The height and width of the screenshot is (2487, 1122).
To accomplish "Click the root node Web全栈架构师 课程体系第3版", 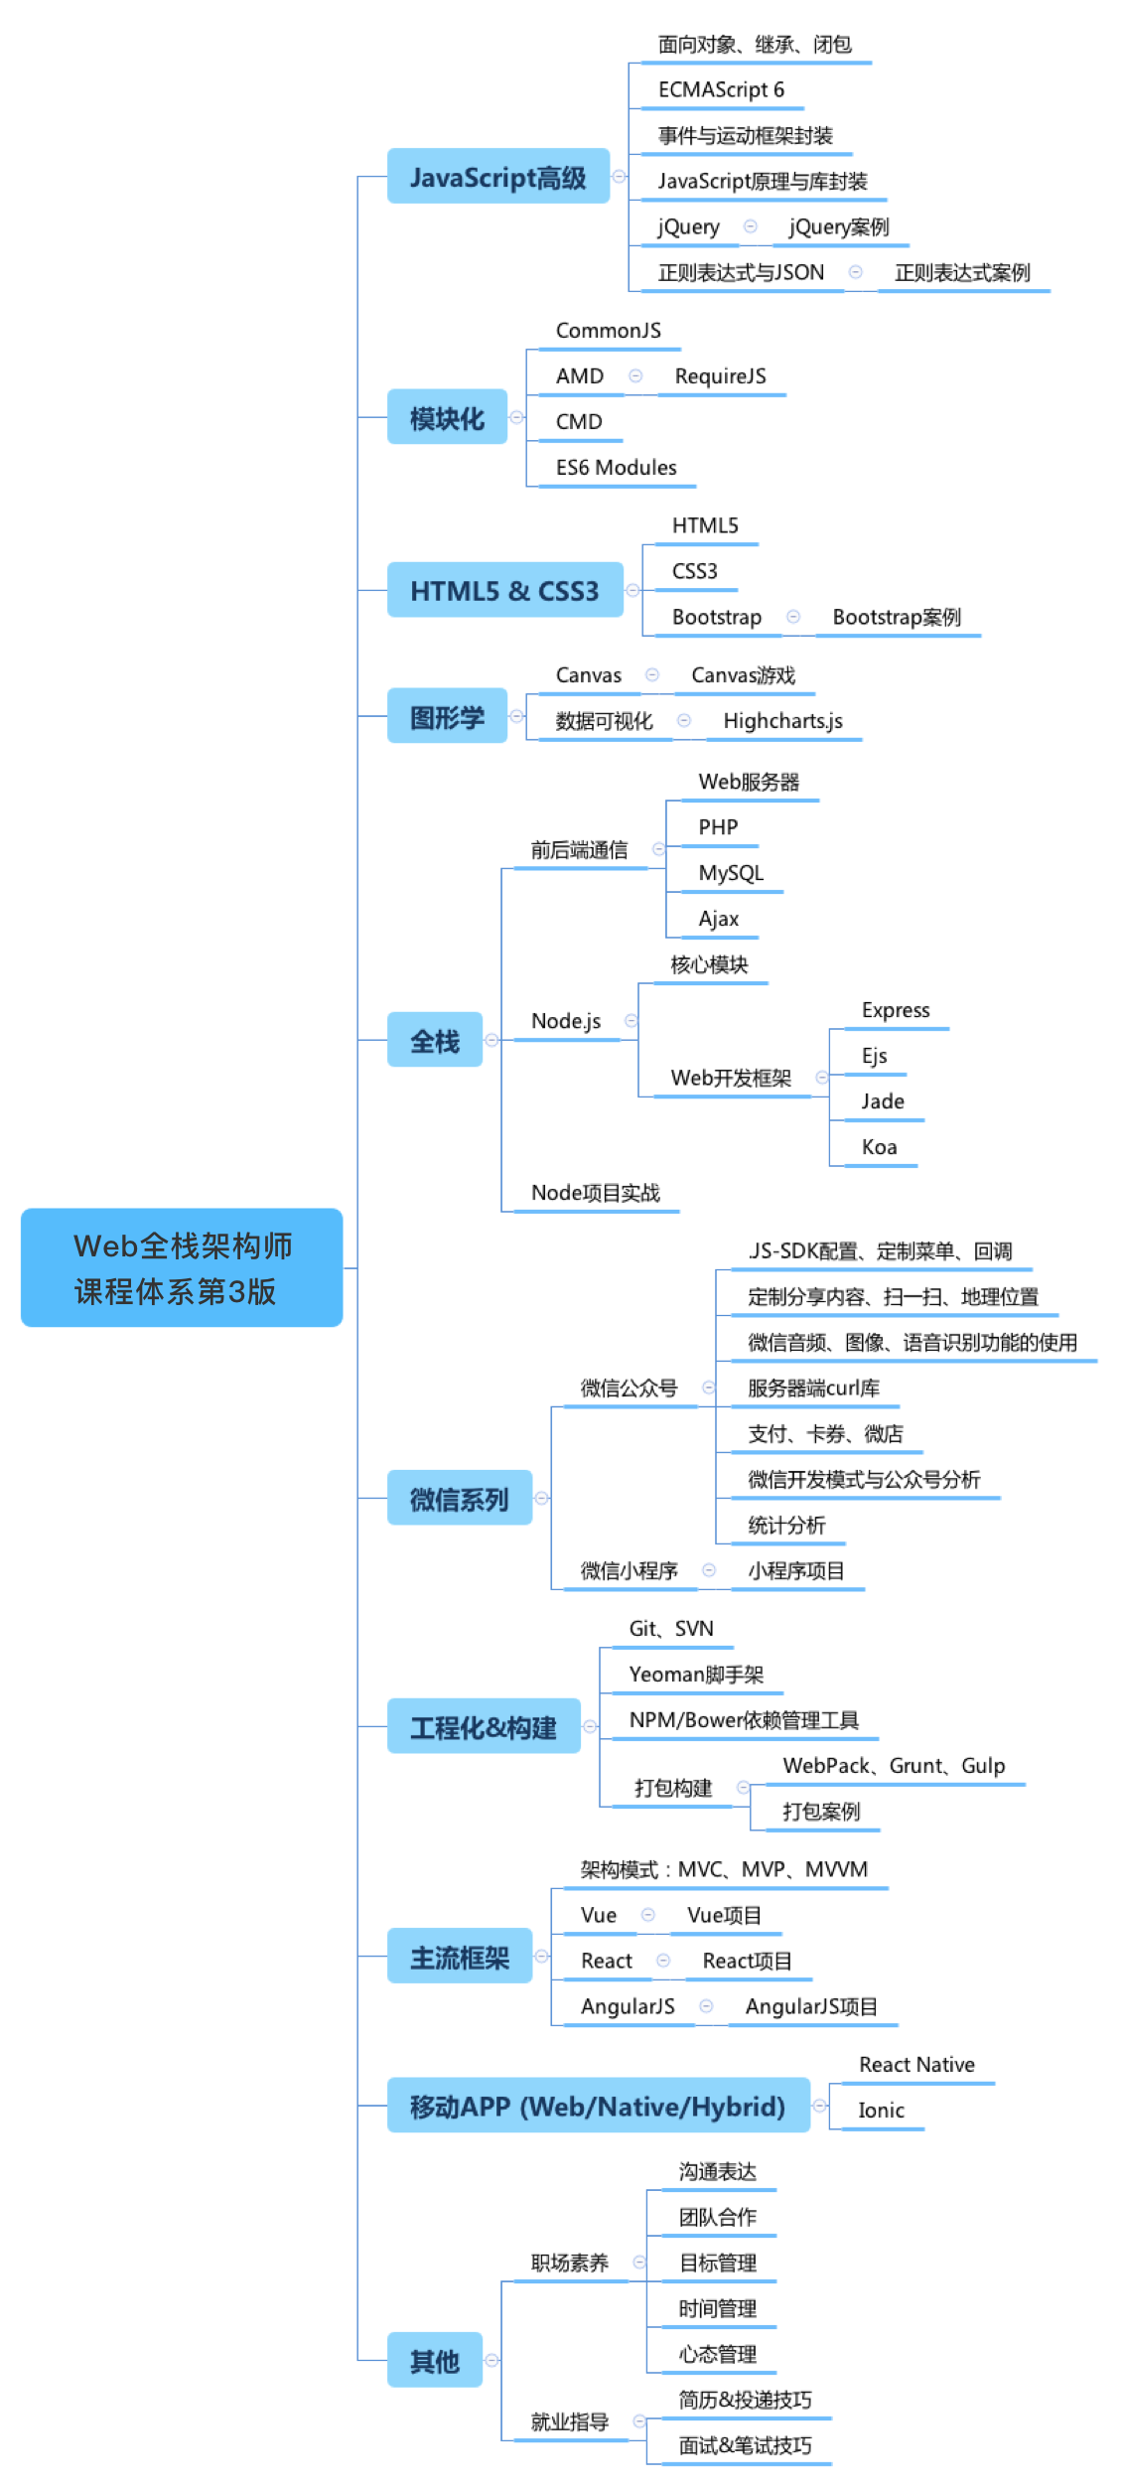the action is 182,1267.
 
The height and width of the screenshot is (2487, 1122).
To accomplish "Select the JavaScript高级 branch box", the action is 498,177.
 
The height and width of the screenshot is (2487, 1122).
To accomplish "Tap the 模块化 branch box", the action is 447,417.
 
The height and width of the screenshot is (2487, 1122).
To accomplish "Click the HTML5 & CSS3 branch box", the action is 505,590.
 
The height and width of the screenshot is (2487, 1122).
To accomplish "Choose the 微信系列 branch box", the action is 460,1498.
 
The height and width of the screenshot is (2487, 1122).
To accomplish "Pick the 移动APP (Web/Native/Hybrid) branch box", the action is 599,2106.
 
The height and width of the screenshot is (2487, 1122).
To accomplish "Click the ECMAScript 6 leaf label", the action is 721,89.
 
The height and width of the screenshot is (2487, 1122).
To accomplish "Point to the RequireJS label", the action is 721,376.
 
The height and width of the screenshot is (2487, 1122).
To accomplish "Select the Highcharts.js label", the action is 783,721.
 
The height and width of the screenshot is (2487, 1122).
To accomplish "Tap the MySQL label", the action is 731,873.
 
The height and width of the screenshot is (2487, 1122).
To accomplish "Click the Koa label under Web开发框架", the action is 880,1147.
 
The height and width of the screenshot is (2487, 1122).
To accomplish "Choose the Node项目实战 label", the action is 596,1193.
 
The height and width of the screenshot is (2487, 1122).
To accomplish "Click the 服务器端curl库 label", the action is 814,1388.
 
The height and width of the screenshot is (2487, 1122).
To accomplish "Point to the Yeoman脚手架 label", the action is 697,1675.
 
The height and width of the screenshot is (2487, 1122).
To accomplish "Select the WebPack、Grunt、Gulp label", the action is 894,1766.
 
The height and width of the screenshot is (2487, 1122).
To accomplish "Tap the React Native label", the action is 916,2065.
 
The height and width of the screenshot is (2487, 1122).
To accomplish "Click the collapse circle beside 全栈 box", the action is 491,1040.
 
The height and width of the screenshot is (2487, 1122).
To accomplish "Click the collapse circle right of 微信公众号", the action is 709,1388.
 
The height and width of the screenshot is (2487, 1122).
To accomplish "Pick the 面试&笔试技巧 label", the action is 746,2445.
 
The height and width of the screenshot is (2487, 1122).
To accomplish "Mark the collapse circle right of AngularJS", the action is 707,2006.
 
